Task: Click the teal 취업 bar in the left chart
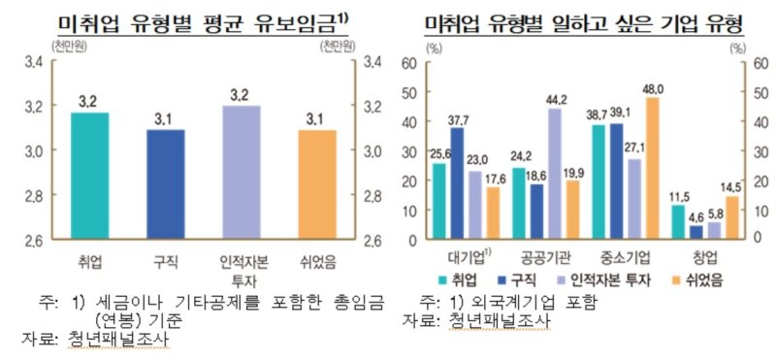click(90, 176)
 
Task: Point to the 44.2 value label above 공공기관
click(558, 99)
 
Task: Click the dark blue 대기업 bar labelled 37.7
click(456, 183)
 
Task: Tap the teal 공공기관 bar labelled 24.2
click(519, 203)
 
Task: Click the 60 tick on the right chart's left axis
click(408, 63)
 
